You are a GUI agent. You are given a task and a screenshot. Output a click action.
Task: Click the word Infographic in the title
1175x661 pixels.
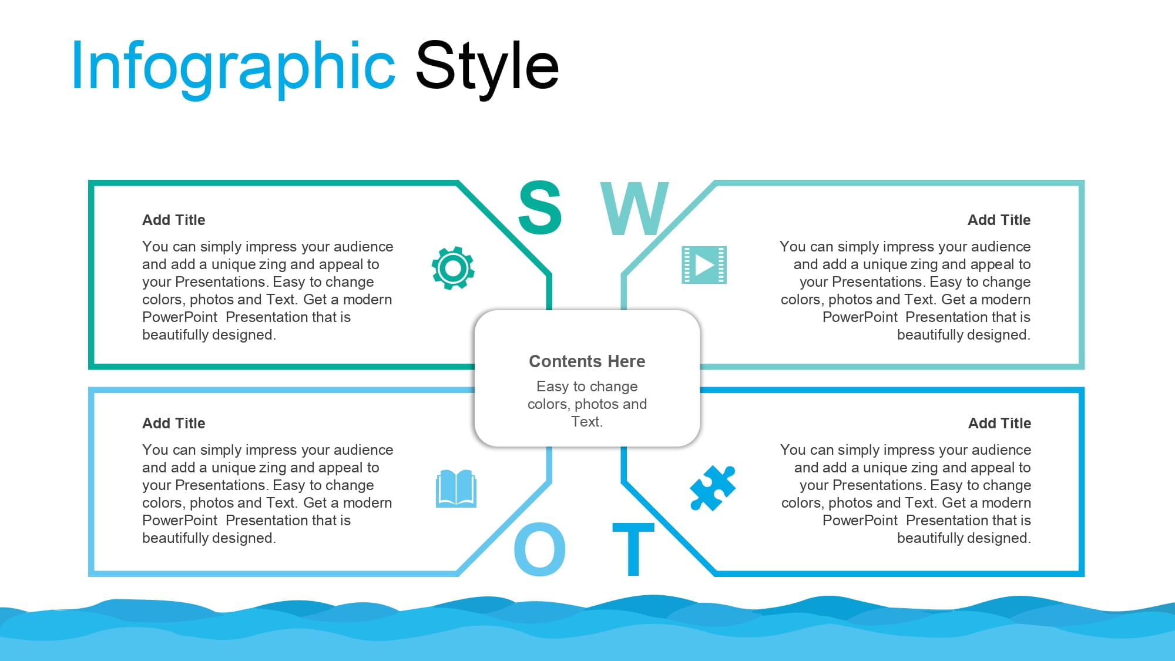pos(233,66)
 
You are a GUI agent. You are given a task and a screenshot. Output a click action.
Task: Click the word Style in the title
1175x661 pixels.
pos(487,66)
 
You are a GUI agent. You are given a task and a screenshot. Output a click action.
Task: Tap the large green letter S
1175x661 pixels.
pos(540,207)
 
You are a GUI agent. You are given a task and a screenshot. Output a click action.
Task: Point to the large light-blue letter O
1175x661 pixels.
pos(540,549)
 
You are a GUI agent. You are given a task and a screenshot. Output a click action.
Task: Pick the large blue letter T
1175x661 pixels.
pos(633,549)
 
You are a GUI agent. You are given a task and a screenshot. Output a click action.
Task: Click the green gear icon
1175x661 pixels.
pos(453,268)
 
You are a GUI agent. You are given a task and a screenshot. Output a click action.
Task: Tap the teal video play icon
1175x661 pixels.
pos(704,265)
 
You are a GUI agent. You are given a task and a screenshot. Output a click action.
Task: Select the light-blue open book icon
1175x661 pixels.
pos(456,488)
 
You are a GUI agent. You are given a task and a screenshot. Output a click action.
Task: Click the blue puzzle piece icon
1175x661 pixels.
pos(713,488)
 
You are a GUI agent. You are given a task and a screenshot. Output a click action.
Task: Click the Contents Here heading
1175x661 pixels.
pos(587,361)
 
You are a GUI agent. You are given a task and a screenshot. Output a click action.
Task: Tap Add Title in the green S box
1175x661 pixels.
pos(174,220)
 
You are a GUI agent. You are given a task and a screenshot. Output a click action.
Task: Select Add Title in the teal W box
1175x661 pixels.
pos(999,220)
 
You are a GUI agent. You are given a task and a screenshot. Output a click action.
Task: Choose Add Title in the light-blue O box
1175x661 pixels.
pos(174,423)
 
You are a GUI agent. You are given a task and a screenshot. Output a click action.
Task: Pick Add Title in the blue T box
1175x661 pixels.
pos(1000,423)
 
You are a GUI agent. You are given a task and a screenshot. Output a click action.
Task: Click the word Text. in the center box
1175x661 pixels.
pos(587,421)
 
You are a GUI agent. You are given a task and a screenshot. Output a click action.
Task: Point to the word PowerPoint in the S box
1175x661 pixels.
pos(180,317)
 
